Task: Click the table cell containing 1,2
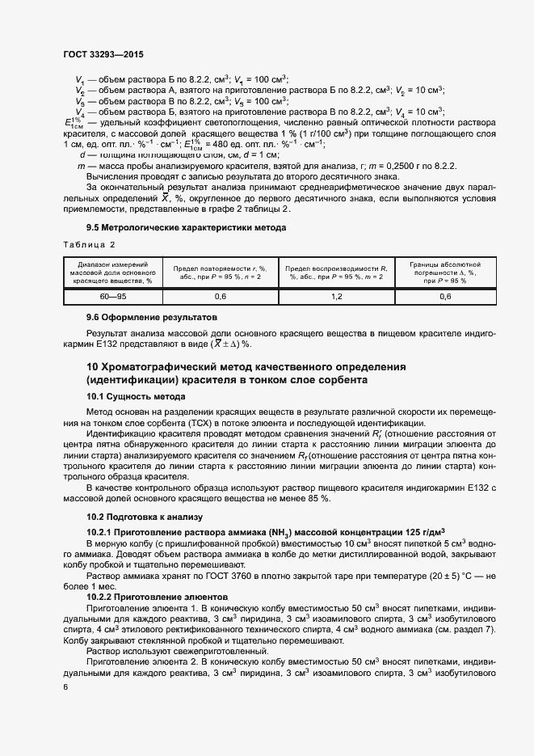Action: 337,297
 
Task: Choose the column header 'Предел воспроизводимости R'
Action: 337,271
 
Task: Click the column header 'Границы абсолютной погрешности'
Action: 445,271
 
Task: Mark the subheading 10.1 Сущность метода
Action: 136,396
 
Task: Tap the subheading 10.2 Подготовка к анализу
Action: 144,516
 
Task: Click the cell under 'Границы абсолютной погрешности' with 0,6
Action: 445,297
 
